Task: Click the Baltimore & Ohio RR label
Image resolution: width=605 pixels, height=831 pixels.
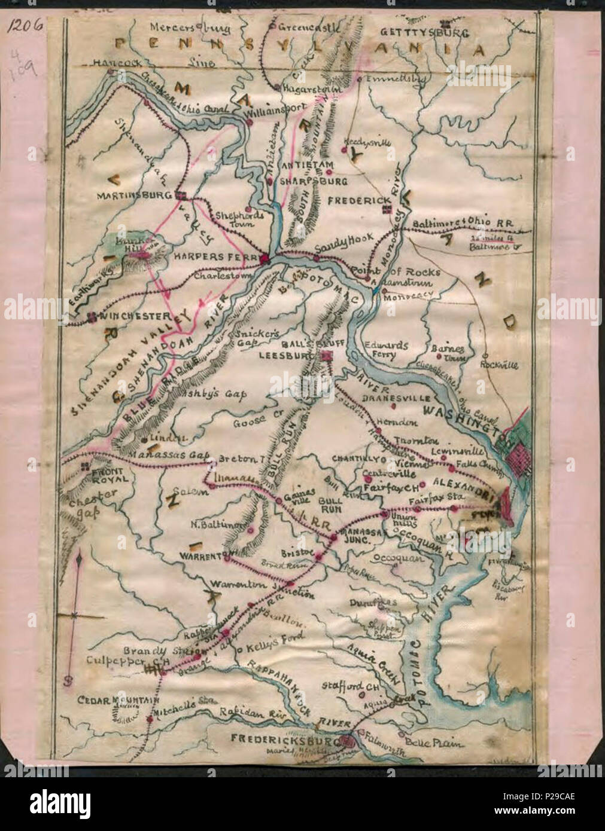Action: coord(463,222)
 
